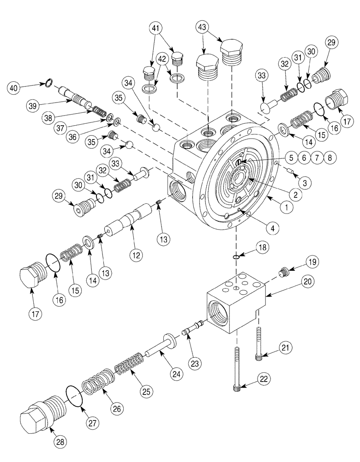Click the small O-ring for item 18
[236, 257]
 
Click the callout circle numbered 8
[330, 157]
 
